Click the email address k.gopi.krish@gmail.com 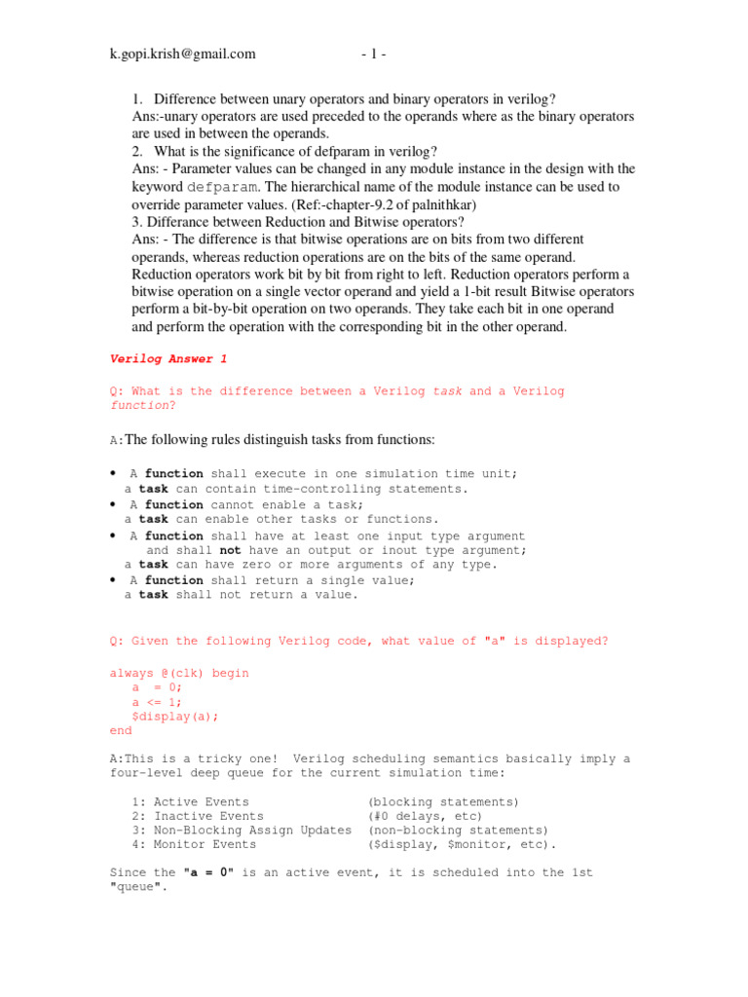(182, 55)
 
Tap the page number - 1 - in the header (373, 55)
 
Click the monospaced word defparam (222, 187)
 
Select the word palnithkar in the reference (503, 204)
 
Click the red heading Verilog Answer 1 (168, 359)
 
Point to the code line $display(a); (175, 716)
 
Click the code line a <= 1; (157, 702)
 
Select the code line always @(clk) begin (180, 673)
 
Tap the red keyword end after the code (121, 730)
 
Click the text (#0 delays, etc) (425, 816)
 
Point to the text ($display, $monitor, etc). (463, 845)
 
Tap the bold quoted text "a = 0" (208, 873)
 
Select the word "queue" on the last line (135, 888)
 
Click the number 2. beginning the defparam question (137, 151)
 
